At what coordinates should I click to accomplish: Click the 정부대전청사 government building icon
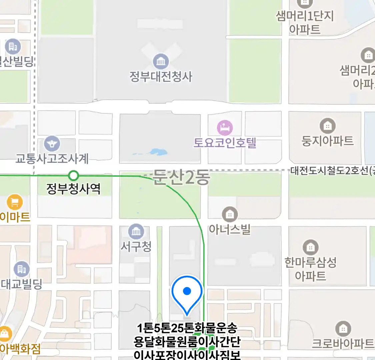click(161, 61)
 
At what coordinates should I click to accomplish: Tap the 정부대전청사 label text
click(161, 77)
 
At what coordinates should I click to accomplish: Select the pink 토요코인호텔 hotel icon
click(225, 128)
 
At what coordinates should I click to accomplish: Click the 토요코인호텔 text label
click(225, 143)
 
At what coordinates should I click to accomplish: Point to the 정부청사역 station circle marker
click(73, 175)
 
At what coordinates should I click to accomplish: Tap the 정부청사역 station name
click(73, 189)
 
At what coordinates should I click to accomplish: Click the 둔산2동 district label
click(181, 177)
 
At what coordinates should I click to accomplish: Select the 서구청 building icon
click(136, 231)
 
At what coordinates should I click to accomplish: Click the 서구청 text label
click(136, 247)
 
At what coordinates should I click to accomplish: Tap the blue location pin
click(187, 293)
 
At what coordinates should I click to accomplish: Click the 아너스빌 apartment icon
click(229, 214)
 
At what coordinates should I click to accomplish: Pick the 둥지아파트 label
click(327, 141)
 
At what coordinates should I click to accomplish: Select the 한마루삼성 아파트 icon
click(310, 247)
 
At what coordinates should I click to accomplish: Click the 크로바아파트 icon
click(343, 329)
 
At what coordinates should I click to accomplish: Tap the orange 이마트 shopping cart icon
click(15, 202)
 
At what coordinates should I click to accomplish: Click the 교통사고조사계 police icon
click(52, 144)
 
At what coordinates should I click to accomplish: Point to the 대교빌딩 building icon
click(22, 269)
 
